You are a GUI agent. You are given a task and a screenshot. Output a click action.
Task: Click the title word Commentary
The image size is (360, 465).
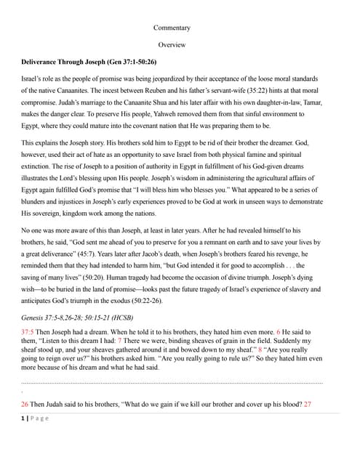pos(172,28)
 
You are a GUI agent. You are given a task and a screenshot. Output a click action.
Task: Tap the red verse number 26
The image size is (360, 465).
pos(25,403)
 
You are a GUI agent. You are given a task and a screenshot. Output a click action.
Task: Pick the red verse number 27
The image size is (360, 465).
pos(307,403)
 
